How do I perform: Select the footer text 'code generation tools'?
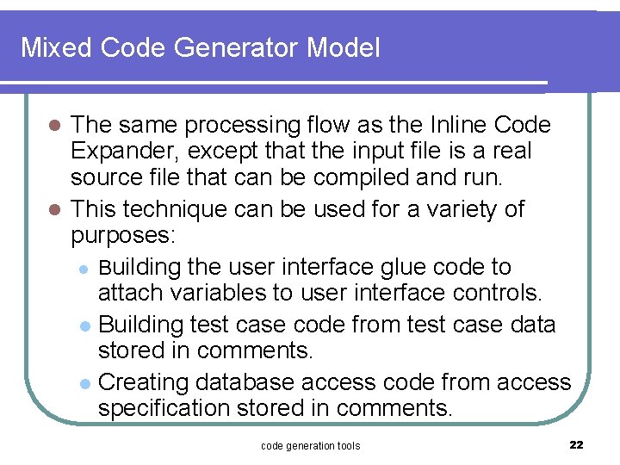(x=310, y=445)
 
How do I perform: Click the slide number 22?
(x=576, y=444)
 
